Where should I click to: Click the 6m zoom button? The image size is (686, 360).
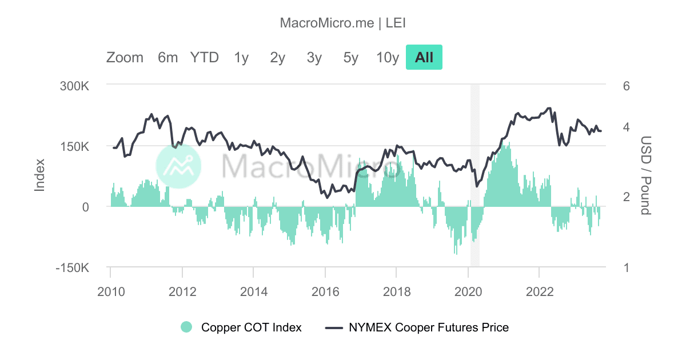coord(167,58)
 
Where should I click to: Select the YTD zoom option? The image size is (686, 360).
coord(205,58)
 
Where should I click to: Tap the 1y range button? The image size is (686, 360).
coord(241,58)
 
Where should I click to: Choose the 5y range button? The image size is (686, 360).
coord(350,58)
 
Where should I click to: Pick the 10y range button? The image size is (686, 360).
coord(387,58)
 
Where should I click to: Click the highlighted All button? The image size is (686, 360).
coord(424,58)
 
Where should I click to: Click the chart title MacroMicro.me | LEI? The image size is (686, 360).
coord(343,23)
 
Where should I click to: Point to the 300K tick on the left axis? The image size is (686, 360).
coord(75,86)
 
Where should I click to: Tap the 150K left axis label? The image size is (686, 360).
coord(75,147)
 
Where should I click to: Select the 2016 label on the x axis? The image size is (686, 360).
coord(325,291)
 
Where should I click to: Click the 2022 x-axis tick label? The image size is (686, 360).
coord(539,291)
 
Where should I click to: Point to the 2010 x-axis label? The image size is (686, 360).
coord(111,291)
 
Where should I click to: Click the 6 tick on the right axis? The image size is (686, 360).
coord(627,86)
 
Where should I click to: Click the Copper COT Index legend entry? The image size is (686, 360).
coord(241,327)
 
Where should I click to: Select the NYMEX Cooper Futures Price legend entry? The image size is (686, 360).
coord(417,327)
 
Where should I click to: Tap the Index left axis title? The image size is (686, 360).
coord(39,175)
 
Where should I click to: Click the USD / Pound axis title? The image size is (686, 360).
coord(645,175)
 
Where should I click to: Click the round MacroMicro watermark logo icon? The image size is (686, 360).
coord(178,165)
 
